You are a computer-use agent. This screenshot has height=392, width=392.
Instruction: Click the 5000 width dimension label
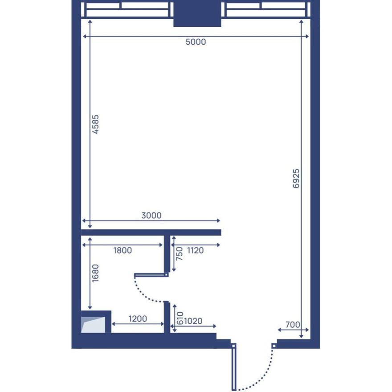click(196, 42)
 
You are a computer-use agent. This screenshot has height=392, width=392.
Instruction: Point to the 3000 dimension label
click(151, 216)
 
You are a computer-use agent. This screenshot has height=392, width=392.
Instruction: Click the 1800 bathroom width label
click(122, 250)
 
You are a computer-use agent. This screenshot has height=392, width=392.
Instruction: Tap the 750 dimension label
click(180, 253)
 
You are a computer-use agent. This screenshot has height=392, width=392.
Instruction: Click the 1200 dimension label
click(138, 319)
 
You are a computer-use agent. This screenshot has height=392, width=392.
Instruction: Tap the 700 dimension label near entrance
click(293, 325)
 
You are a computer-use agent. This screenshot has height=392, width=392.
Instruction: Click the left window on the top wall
click(127, 10)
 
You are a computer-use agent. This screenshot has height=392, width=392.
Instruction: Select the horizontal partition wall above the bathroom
click(151, 232)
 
